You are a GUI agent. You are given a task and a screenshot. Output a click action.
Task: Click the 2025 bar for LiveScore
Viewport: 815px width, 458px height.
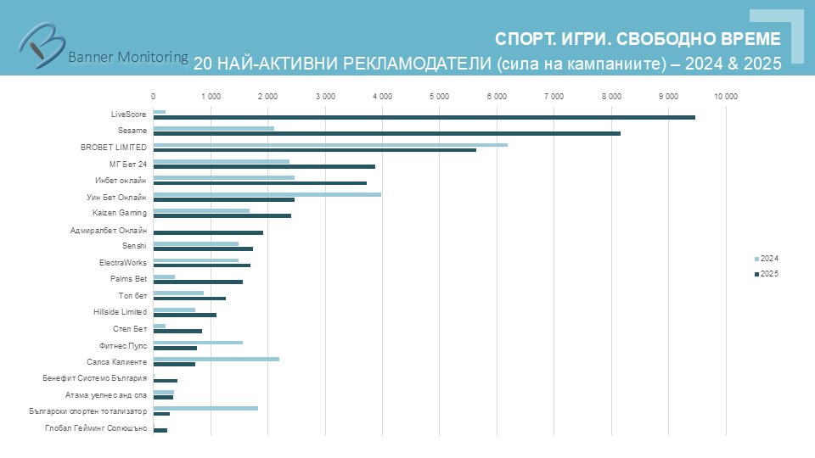pyautogui.click(x=424, y=117)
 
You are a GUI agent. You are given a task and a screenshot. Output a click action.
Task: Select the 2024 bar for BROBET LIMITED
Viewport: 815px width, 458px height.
pyautogui.click(x=330, y=145)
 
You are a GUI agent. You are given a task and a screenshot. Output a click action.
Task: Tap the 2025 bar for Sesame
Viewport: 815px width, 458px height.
pyautogui.click(x=387, y=133)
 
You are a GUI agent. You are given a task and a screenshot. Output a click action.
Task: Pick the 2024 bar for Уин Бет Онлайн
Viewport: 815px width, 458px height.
pyautogui.click(x=267, y=193)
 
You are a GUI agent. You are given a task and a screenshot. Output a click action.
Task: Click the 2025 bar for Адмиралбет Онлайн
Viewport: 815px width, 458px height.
pyautogui.click(x=208, y=232)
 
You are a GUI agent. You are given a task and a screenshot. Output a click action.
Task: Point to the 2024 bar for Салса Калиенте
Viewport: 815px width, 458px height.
pyautogui.click(x=216, y=359)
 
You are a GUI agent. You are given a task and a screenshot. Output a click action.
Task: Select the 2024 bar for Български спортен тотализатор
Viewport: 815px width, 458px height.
pyautogui.click(x=205, y=408)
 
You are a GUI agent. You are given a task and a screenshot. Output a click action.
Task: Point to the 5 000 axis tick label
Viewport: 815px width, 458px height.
pyautogui.click(x=439, y=97)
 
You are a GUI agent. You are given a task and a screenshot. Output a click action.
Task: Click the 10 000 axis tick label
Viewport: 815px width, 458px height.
pyautogui.click(x=726, y=97)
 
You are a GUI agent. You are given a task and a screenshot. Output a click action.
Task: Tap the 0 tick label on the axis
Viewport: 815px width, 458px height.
pyautogui.click(x=153, y=97)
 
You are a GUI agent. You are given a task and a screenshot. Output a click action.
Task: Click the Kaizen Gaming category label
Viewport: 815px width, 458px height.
pyautogui.click(x=120, y=213)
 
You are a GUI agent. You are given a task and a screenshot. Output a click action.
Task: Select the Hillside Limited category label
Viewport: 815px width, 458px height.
pyautogui.click(x=120, y=312)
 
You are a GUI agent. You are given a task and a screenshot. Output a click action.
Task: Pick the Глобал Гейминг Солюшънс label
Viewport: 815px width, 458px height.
pyautogui.click(x=96, y=428)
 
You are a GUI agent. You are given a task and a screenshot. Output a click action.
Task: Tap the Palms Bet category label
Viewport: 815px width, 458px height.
pyautogui.click(x=128, y=279)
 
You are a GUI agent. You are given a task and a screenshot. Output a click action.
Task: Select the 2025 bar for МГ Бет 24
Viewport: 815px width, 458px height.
pyautogui.click(x=264, y=166)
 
